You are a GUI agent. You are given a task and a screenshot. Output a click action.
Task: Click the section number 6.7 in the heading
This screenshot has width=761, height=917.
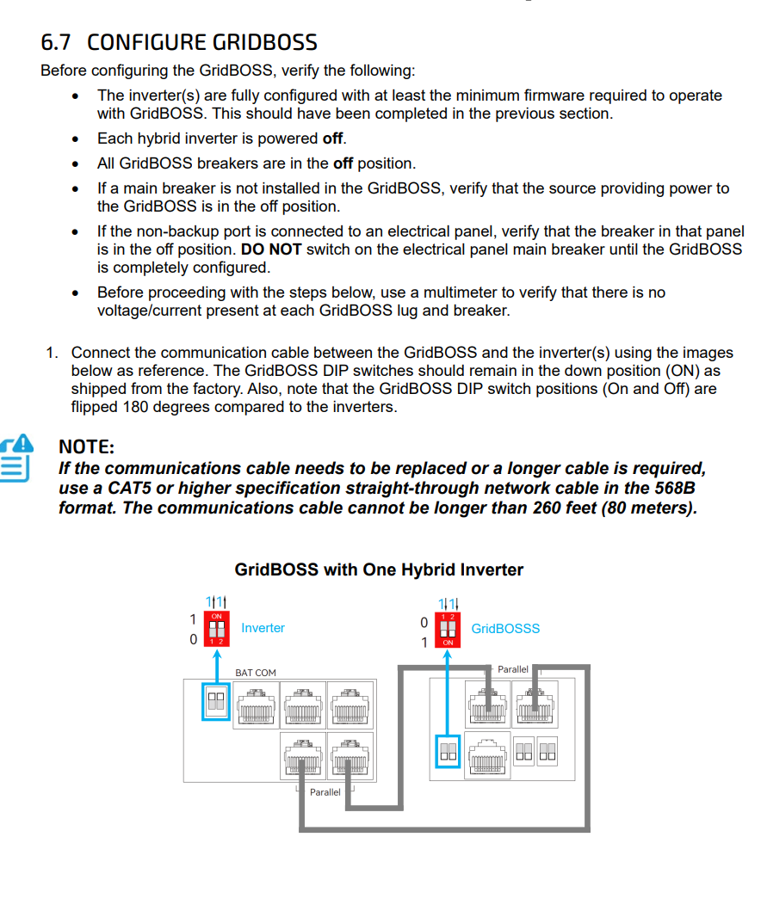56,42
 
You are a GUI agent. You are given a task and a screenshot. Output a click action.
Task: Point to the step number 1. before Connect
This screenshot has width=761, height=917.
53,353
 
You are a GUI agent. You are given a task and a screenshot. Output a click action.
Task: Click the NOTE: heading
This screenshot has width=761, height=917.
86,446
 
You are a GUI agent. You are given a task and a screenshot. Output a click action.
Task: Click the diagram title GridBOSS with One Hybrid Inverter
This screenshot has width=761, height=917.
379,569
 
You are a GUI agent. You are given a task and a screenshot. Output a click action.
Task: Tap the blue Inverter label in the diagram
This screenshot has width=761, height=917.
263,628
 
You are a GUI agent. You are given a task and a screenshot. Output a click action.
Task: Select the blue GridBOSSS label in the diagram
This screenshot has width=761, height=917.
505,629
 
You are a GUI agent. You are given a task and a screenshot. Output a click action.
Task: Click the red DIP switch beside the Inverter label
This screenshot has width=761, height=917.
218,629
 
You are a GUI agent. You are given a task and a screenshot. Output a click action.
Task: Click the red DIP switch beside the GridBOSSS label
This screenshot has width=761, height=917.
448,629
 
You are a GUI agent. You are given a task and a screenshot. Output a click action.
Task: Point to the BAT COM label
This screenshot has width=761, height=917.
256,673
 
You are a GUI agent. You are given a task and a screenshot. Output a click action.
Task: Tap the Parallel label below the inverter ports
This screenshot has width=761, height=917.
325,791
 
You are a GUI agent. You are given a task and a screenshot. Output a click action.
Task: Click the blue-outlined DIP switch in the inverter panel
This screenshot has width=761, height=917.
215,702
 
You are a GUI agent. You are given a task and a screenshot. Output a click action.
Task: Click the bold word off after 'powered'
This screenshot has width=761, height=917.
333,138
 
